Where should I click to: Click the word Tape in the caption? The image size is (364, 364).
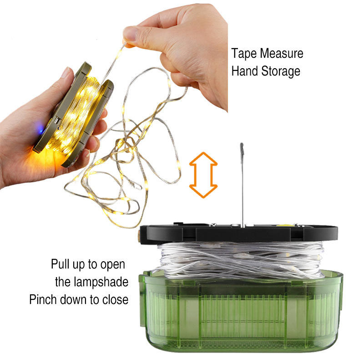[244, 54]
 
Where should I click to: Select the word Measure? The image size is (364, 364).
[282, 53]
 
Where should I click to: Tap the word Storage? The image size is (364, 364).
[281, 71]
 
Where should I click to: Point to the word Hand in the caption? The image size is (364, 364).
[245, 71]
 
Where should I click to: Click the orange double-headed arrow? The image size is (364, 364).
[203, 175]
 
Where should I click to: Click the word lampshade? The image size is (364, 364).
[101, 282]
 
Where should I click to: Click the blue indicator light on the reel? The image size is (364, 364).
[41, 128]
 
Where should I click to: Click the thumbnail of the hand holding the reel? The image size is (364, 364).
[66, 72]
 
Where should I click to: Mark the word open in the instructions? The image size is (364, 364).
[112, 265]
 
